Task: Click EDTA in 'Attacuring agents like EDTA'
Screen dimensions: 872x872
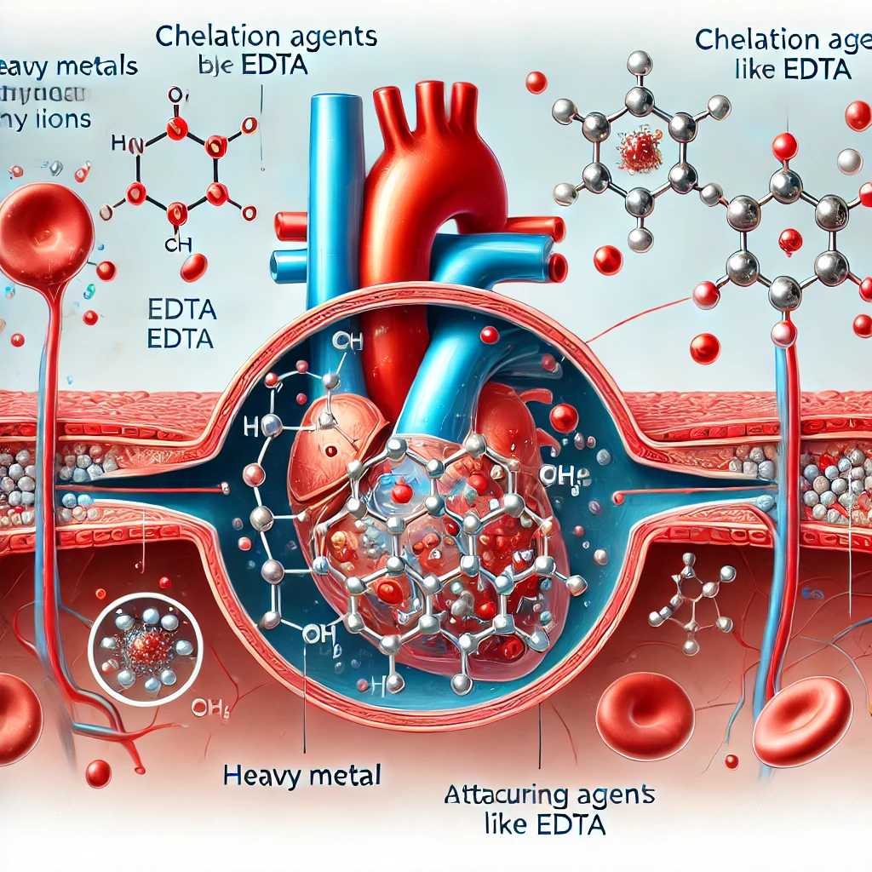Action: pos(572,824)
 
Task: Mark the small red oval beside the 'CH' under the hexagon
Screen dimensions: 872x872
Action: pos(194,268)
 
